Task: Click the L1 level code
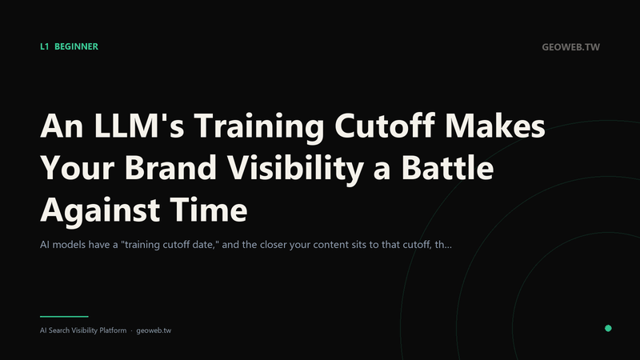[x=45, y=46]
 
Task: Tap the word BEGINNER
[x=76, y=46]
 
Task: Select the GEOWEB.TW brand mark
[x=570, y=47]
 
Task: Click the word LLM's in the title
[x=138, y=126]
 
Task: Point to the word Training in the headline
[x=258, y=126]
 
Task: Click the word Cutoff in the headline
[x=385, y=126]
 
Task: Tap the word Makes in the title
[x=495, y=126]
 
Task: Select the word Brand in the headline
[x=170, y=167]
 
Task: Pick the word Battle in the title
[x=447, y=167]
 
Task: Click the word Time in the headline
[x=209, y=210]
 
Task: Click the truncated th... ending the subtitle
[x=443, y=245]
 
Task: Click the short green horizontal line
[x=64, y=316]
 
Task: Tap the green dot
[x=608, y=328]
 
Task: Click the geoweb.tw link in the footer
[x=154, y=330]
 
